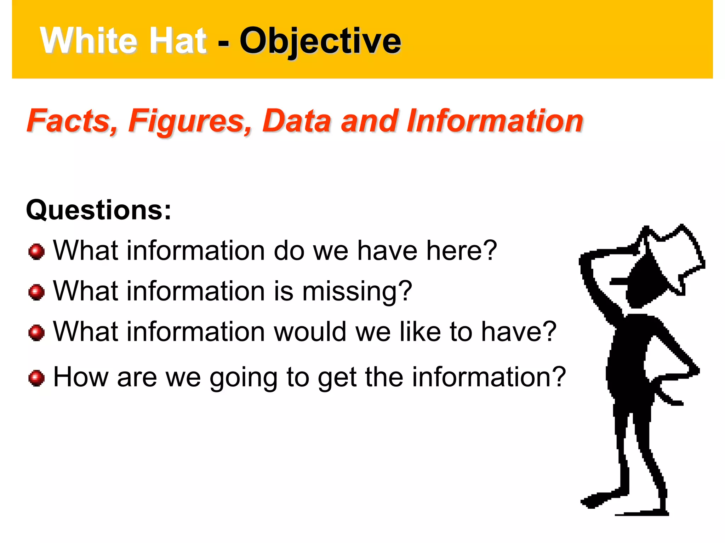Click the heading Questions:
point(98,210)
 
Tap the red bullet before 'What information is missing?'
point(36,292)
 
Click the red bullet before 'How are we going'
point(36,378)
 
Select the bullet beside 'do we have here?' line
point(36,252)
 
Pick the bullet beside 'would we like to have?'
point(36,333)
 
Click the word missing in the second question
point(357,291)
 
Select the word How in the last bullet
point(81,377)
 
